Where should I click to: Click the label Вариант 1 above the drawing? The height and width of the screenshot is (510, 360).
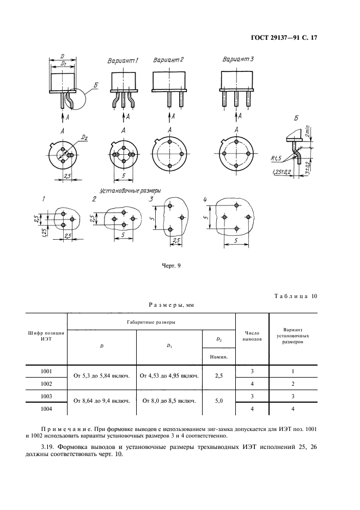(123, 61)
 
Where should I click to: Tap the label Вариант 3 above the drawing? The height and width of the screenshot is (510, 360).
(238, 59)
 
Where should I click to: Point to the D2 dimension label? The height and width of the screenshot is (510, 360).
(84, 138)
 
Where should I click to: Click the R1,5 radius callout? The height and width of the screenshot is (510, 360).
(277, 159)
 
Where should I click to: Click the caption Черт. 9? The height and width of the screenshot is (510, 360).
(171, 266)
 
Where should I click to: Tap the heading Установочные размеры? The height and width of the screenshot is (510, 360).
(130, 190)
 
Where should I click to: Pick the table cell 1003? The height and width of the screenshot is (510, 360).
(46, 397)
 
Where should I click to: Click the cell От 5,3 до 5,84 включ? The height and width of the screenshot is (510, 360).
(102, 376)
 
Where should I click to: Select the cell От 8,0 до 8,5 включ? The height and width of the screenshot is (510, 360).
(169, 401)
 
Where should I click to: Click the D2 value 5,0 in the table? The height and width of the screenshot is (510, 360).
(219, 401)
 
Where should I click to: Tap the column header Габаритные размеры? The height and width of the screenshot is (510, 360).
(151, 323)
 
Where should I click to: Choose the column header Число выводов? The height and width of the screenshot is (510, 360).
(252, 336)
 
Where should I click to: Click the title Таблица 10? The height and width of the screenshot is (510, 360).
(296, 296)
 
